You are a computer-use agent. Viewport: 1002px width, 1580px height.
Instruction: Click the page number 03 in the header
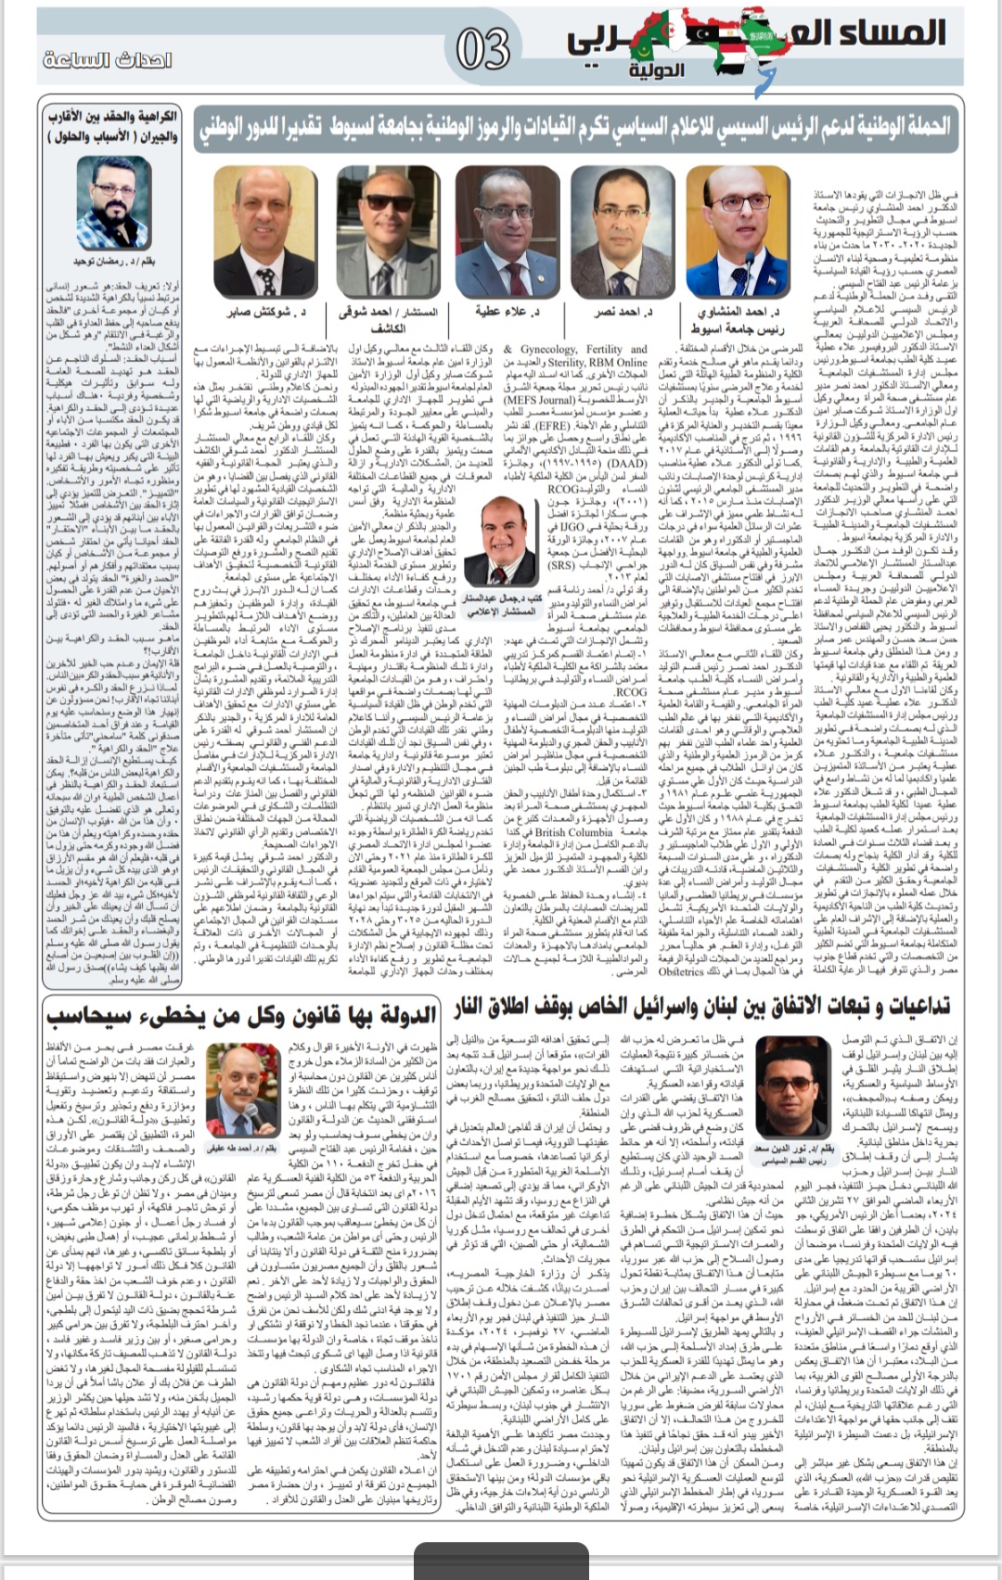(x=483, y=49)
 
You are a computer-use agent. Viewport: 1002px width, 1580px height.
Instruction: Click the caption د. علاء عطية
(x=507, y=312)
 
